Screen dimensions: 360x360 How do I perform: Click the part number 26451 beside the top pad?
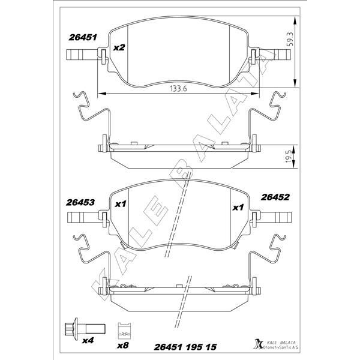pyautogui.click(x=83, y=37)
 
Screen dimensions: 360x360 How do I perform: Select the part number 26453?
pyautogui.click(x=80, y=203)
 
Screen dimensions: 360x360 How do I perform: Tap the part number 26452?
pyautogui.click(x=275, y=197)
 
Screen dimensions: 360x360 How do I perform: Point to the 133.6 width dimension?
pyautogui.click(x=178, y=88)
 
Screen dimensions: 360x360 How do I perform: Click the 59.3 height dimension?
pyautogui.click(x=290, y=39)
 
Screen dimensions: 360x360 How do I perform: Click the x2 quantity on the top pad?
pyautogui.click(x=119, y=48)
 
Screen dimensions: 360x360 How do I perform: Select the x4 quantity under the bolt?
pyautogui.click(x=88, y=340)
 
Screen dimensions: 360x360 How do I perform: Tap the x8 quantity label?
pyautogui.click(x=123, y=346)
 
